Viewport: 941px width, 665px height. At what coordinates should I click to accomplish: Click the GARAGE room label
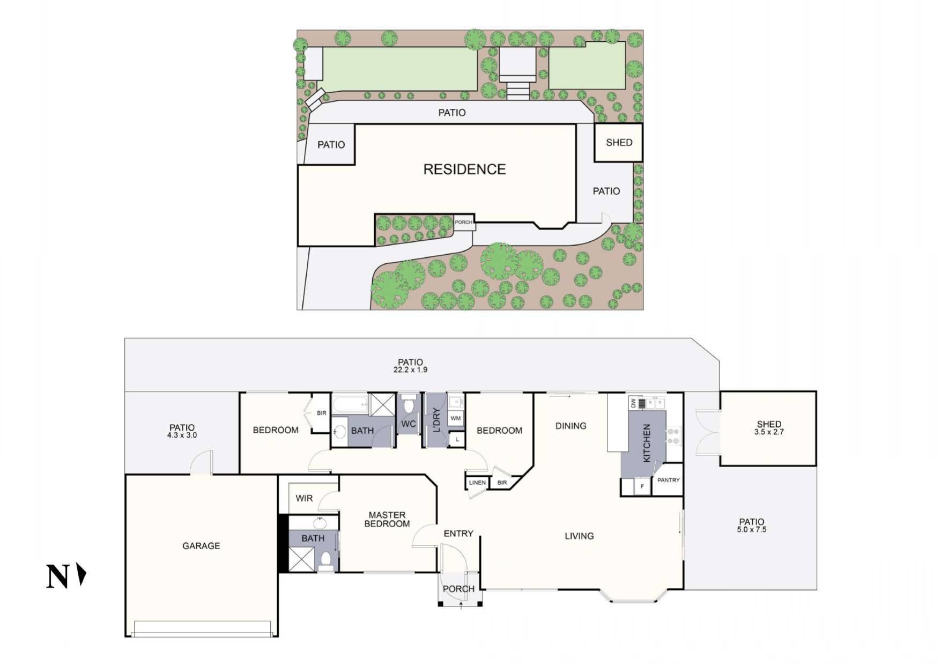[201, 546]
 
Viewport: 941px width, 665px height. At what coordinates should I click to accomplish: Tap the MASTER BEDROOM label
[387, 519]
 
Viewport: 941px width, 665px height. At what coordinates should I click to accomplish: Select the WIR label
[304, 498]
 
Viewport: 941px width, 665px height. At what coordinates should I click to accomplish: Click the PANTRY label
[668, 480]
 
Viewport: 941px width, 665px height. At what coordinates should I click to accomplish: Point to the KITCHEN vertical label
[647, 443]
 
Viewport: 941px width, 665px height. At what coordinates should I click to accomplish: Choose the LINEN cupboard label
[477, 483]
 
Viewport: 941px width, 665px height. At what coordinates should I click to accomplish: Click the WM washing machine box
[456, 418]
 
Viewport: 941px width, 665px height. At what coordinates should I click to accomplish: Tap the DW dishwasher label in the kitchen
[633, 402]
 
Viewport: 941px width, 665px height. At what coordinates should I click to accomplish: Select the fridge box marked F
[642, 486]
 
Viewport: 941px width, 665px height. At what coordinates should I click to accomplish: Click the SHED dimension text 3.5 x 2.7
[769, 432]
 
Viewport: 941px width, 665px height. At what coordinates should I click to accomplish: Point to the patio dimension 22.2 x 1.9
[410, 370]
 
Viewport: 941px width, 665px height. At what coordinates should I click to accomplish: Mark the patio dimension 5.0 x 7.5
[752, 529]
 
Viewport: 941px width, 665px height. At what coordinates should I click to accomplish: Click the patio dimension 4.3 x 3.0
[182, 435]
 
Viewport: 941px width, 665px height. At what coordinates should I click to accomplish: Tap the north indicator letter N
[57, 577]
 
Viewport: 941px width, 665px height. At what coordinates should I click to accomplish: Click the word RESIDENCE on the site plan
[464, 169]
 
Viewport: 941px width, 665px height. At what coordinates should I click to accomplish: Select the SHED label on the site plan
[619, 143]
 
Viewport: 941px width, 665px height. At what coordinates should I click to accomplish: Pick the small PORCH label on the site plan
[464, 222]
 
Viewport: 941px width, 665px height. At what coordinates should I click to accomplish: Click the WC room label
[409, 424]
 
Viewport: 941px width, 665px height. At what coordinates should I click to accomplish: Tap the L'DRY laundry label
[436, 420]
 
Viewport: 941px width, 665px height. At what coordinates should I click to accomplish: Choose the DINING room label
[570, 426]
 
